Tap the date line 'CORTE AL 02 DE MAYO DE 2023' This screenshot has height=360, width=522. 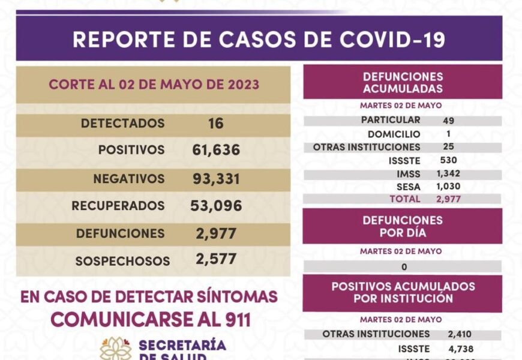point(154,85)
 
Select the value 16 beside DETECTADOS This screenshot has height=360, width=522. point(216,124)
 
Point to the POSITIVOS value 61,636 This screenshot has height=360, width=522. point(217,150)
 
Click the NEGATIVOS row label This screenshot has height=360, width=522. point(128,179)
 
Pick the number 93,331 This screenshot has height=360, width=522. point(217,179)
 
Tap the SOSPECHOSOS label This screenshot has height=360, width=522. point(122,261)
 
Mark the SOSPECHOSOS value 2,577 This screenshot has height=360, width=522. point(216,259)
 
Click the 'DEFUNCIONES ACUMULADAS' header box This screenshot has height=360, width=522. point(403,83)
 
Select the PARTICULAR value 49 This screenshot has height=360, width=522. point(448,121)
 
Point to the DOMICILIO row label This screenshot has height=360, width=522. point(394,134)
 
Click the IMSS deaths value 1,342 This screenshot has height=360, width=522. point(449,174)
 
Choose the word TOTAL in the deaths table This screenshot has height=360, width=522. point(405,199)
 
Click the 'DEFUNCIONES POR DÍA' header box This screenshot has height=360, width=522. point(403,226)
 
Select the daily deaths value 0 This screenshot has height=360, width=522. point(404,267)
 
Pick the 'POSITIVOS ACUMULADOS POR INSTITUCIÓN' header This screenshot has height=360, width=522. point(403,292)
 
